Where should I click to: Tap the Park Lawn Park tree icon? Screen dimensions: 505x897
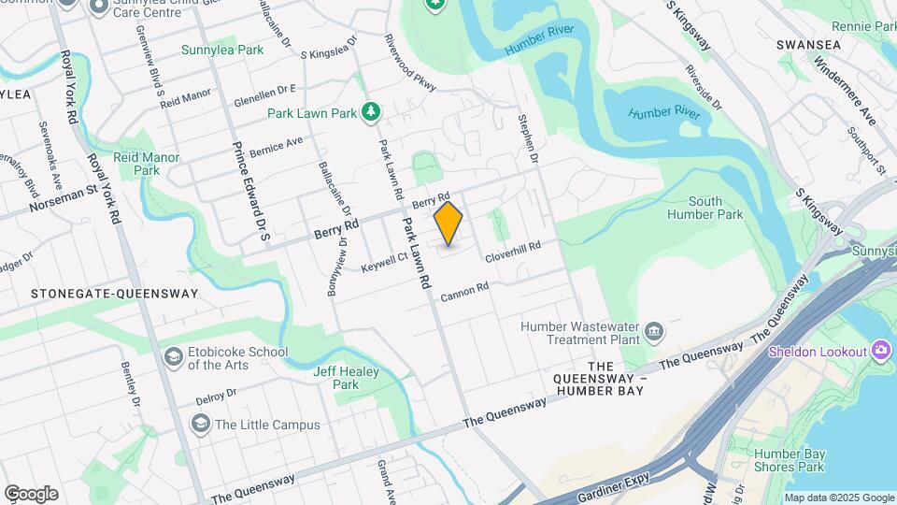click(372, 112)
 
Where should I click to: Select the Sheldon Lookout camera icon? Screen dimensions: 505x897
click(879, 351)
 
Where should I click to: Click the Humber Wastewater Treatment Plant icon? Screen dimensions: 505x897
click(654, 331)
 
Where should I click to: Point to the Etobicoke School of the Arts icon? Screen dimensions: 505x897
click(173, 356)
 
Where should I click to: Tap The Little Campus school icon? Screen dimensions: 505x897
click(200, 424)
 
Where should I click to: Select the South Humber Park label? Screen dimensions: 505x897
click(718, 208)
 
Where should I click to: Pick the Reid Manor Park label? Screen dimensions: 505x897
click(147, 165)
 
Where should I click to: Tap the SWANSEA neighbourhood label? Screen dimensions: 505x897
click(808, 44)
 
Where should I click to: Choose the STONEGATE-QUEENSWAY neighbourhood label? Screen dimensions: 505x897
click(115, 293)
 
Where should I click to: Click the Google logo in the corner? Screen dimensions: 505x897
click(31, 493)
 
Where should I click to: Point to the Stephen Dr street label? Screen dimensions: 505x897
click(530, 138)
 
